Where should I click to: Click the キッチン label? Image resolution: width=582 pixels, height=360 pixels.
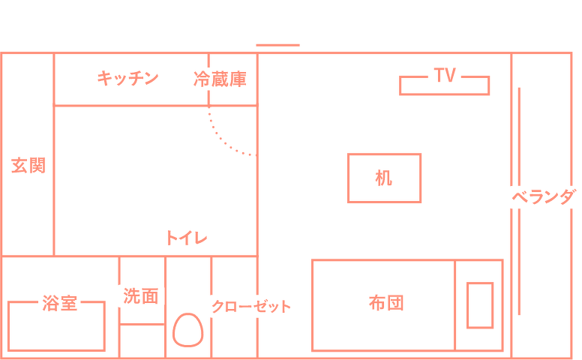tap(127, 78)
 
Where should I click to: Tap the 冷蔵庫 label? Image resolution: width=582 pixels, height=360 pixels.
tap(220, 79)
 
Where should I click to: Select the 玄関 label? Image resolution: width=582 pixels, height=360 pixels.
tap(28, 166)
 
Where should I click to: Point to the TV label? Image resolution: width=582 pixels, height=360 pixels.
tap(445, 75)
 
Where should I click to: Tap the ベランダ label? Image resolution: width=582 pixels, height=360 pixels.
tap(544, 196)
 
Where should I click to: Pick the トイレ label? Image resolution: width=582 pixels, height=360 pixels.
tap(186, 238)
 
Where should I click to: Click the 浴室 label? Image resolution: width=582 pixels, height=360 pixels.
tap(60, 303)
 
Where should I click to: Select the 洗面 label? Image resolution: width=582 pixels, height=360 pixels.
tap(141, 296)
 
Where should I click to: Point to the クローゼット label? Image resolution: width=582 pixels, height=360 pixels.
tap(251, 307)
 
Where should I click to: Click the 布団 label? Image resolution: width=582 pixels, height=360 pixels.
tap(386, 303)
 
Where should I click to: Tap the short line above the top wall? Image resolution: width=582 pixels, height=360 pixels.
tap(277, 45)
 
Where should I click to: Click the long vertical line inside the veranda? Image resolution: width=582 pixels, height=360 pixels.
tap(519, 201)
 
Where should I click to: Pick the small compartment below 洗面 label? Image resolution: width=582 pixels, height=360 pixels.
tap(142, 341)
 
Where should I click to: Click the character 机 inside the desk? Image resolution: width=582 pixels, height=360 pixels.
tap(384, 178)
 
